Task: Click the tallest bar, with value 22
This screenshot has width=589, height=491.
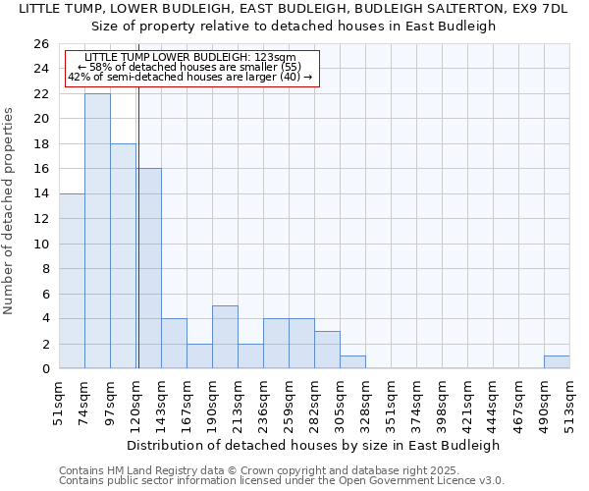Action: [x=97, y=231]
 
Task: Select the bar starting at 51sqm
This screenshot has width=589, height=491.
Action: [x=72, y=281]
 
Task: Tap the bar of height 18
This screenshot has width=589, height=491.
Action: [x=123, y=255]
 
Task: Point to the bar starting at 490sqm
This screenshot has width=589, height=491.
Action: [x=557, y=361]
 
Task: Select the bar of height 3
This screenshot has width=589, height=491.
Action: [x=327, y=350]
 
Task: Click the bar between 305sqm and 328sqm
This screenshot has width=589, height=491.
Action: [x=352, y=361]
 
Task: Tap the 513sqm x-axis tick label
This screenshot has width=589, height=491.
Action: [x=570, y=404]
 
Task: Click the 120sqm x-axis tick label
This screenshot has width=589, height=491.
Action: [x=136, y=404]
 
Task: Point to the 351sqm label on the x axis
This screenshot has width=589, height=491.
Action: [x=392, y=404]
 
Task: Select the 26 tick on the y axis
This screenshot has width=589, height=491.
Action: [x=41, y=44]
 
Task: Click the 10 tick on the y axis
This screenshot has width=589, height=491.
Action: [x=41, y=244]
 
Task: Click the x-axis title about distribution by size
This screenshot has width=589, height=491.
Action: [x=313, y=445]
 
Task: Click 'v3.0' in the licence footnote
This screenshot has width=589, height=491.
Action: [x=491, y=480]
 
